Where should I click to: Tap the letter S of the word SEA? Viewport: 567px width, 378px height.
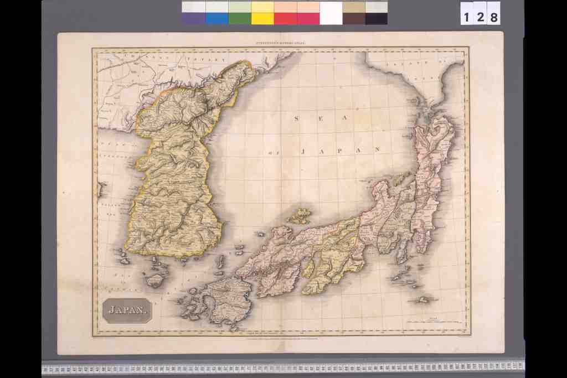[296, 118]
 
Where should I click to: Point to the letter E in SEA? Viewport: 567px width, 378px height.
[321, 118]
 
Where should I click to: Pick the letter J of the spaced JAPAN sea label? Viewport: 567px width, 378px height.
[303, 151]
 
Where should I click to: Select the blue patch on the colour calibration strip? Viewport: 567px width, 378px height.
[217, 18]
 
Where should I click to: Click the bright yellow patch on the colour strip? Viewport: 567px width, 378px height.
[262, 18]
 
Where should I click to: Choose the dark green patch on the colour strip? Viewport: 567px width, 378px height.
[240, 18]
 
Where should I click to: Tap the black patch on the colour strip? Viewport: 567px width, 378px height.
[377, 18]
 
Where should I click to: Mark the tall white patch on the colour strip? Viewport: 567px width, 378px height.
[331, 13]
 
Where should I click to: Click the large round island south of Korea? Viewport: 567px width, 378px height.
[155, 279]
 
